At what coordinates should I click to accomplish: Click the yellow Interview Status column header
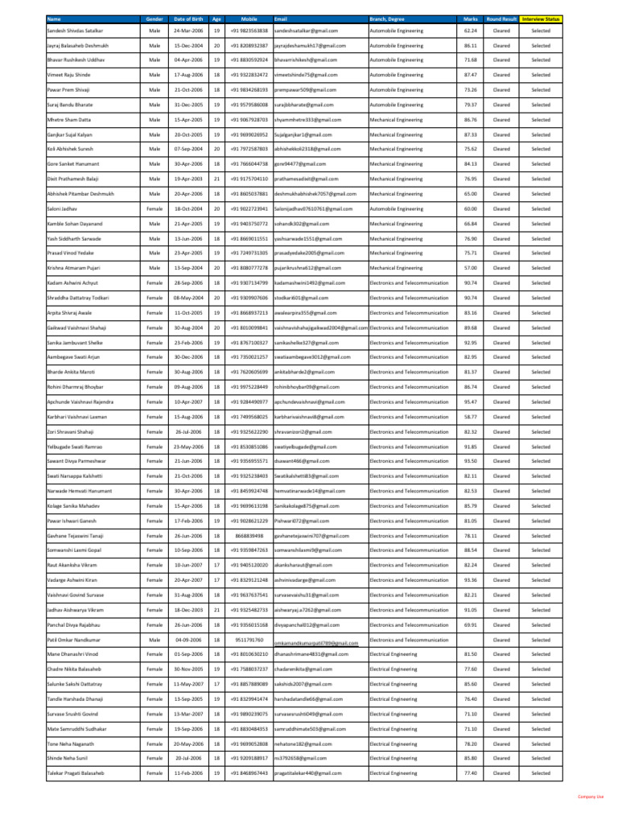tap(541, 18)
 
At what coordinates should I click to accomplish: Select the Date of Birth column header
tap(187, 18)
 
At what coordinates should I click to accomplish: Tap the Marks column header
tap(471, 18)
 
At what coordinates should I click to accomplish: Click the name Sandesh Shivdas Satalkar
tap(75, 31)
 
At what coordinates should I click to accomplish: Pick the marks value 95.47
tap(471, 402)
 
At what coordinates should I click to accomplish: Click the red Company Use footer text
tap(591, 797)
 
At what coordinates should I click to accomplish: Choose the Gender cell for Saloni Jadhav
tap(154, 208)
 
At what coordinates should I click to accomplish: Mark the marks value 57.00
tap(471, 268)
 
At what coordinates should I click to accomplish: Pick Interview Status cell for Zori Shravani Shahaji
tap(541, 431)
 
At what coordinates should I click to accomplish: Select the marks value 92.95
tap(471, 342)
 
